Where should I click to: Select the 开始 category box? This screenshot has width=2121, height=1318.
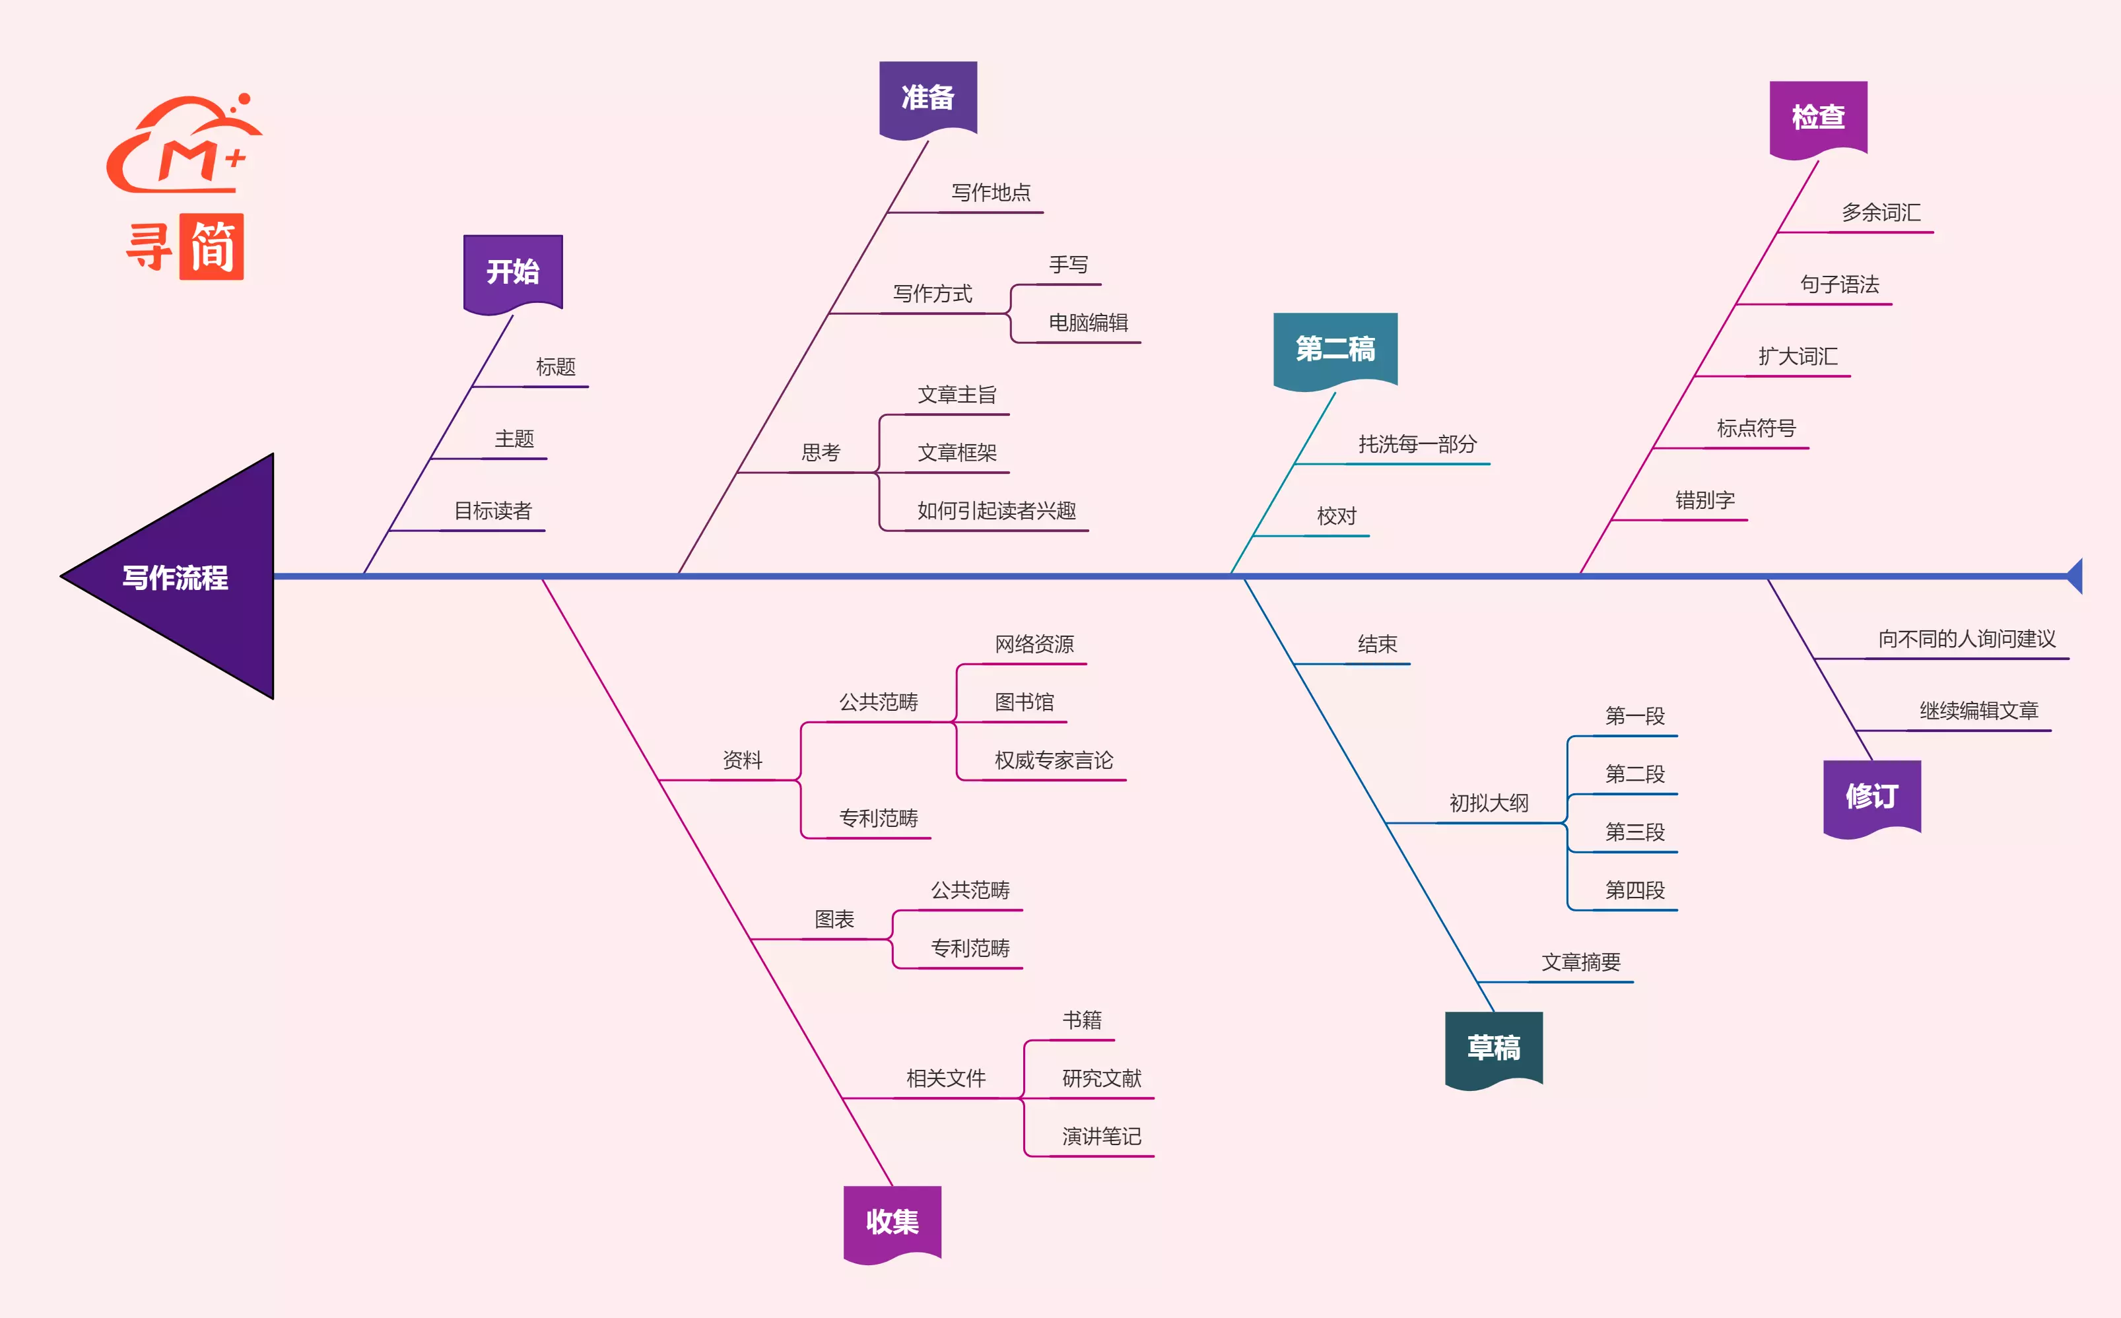513,271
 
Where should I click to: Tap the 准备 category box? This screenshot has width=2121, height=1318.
927,98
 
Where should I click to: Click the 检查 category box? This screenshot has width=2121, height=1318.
1817,117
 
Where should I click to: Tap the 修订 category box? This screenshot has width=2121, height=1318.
1871,796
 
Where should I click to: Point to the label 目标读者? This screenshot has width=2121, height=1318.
492,511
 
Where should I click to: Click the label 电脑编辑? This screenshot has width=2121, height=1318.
1088,323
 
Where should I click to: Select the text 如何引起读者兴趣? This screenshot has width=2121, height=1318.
996,511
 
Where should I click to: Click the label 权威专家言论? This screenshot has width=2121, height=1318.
1053,760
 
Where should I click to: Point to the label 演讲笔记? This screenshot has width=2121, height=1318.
1101,1137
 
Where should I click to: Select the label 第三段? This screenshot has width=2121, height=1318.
1634,832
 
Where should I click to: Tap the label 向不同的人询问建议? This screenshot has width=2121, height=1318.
1967,639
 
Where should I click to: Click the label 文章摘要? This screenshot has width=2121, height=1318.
1580,962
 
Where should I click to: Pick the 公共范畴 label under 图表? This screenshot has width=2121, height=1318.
969,890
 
